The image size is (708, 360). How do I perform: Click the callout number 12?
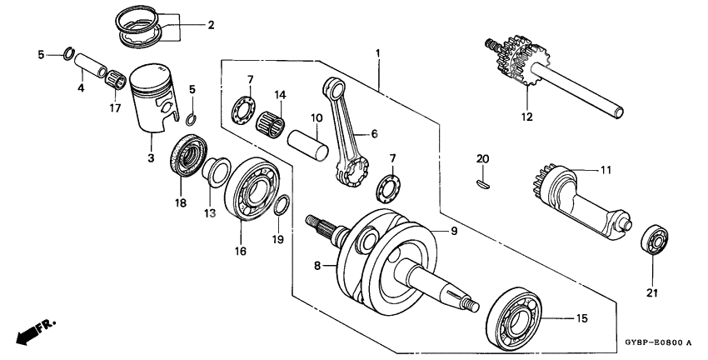[526, 117]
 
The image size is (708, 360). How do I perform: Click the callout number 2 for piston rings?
[211, 25]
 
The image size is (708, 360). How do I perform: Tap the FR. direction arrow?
[30, 331]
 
